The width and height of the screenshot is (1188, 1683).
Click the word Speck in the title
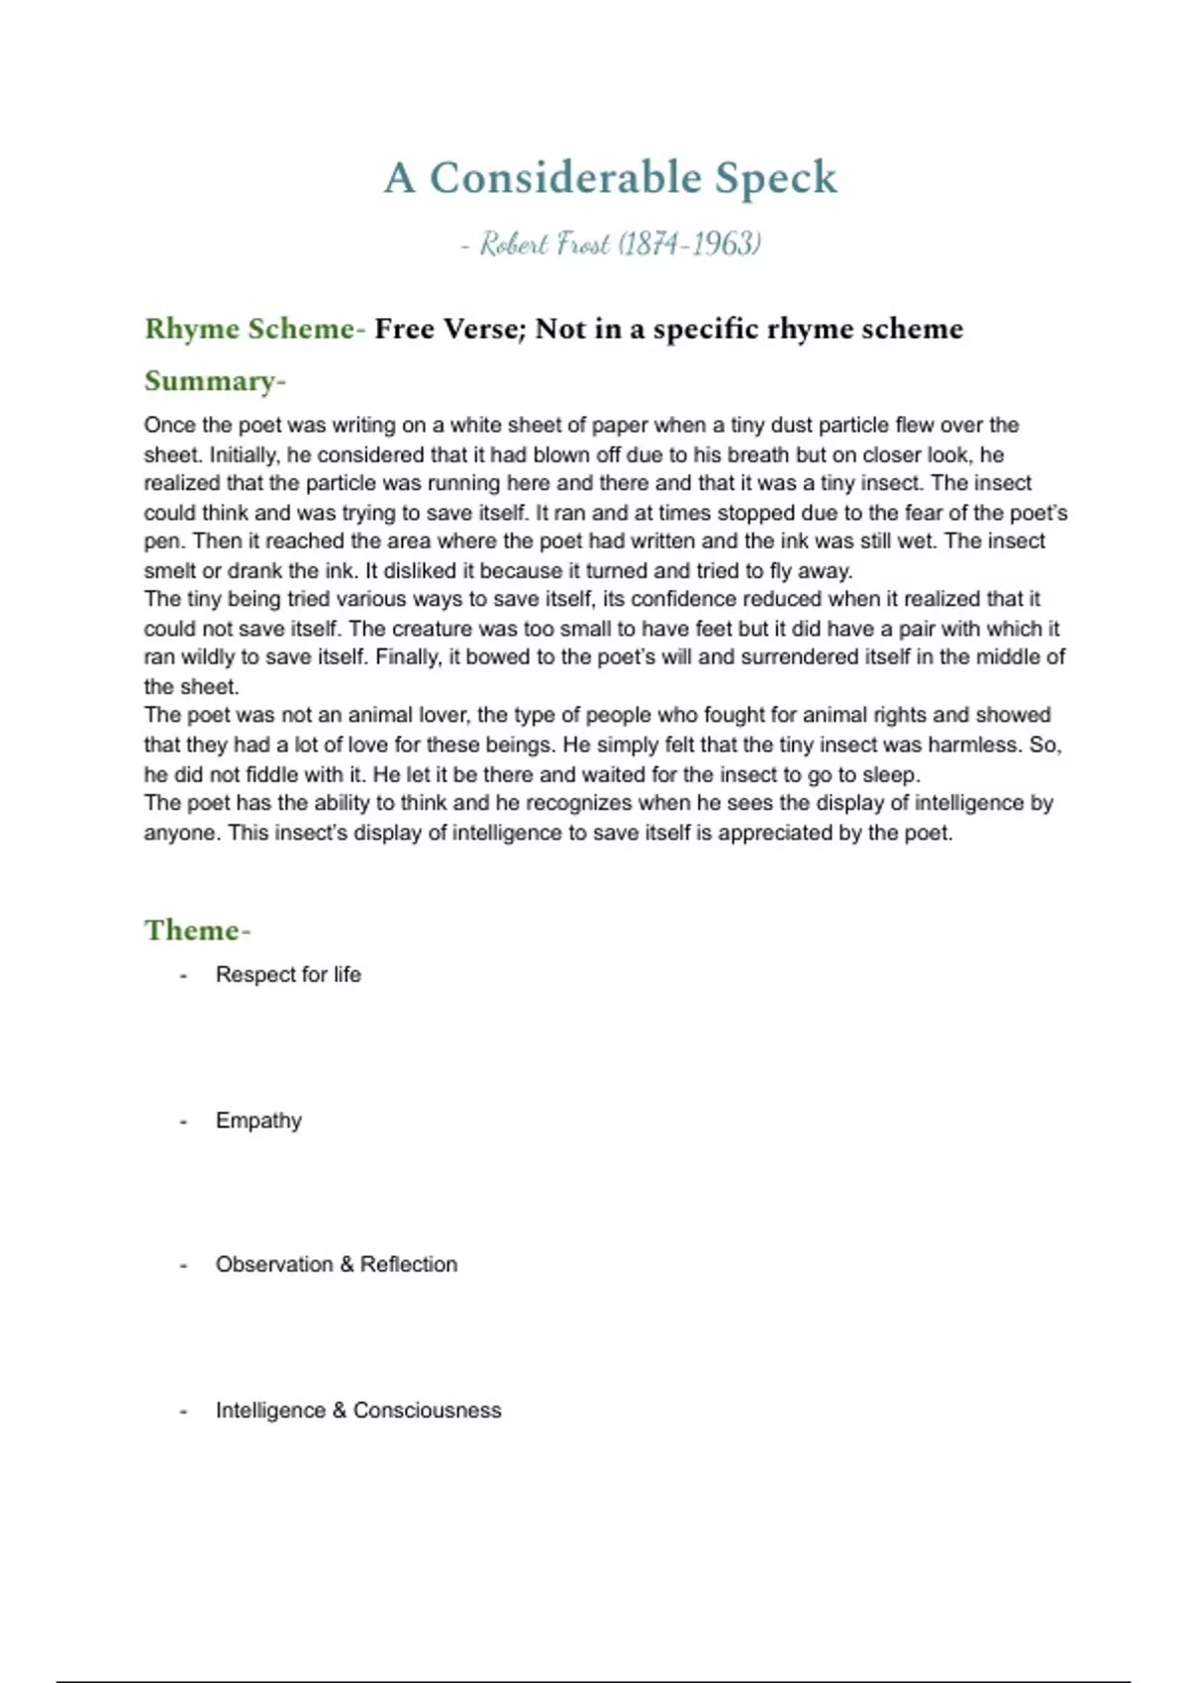pyautogui.click(x=775, y=178)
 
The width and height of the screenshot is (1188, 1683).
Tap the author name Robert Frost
pyautogui.click(x=544, y=244)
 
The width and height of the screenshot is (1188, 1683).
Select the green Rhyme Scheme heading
pyautogui.click(x=254, y=329)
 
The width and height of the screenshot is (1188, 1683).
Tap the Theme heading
pyautogui.click(x=197, y=931)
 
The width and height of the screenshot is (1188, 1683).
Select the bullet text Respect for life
pyautogui.click(x=288, y=975)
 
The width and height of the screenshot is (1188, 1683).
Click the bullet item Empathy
pyautogui.click(x=258, y=1121)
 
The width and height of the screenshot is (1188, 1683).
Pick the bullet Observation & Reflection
pyautogui.click(x=337, y=1265)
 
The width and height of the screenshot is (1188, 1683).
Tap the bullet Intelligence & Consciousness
pyautogui.click(x=358, y=1411)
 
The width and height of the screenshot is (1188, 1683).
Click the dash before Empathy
pyautogui.click(x=183, y=1121)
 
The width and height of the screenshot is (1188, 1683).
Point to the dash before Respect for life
pyautogui.click(x=183, y=975)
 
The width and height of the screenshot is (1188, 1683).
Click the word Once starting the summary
pyautogui.click(x=168, y=426)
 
